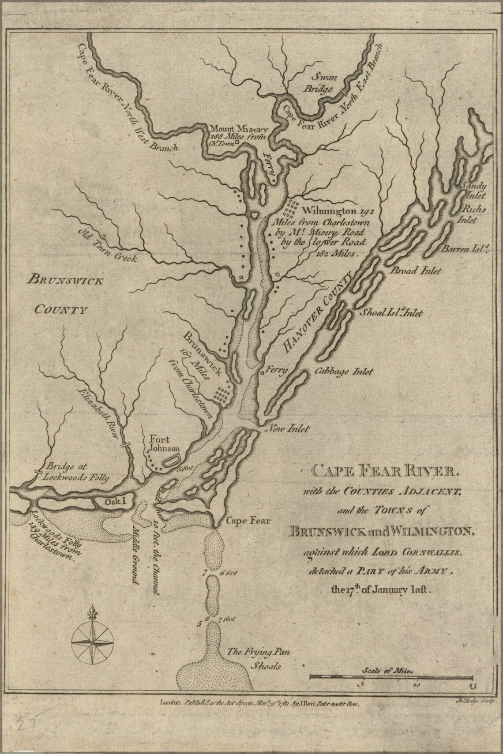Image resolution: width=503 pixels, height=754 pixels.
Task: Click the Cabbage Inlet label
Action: [x=344, y=372]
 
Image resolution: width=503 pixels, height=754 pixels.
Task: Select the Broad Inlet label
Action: [x=414, y=271]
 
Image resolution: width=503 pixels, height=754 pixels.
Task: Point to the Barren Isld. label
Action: [x=462, y=249]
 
